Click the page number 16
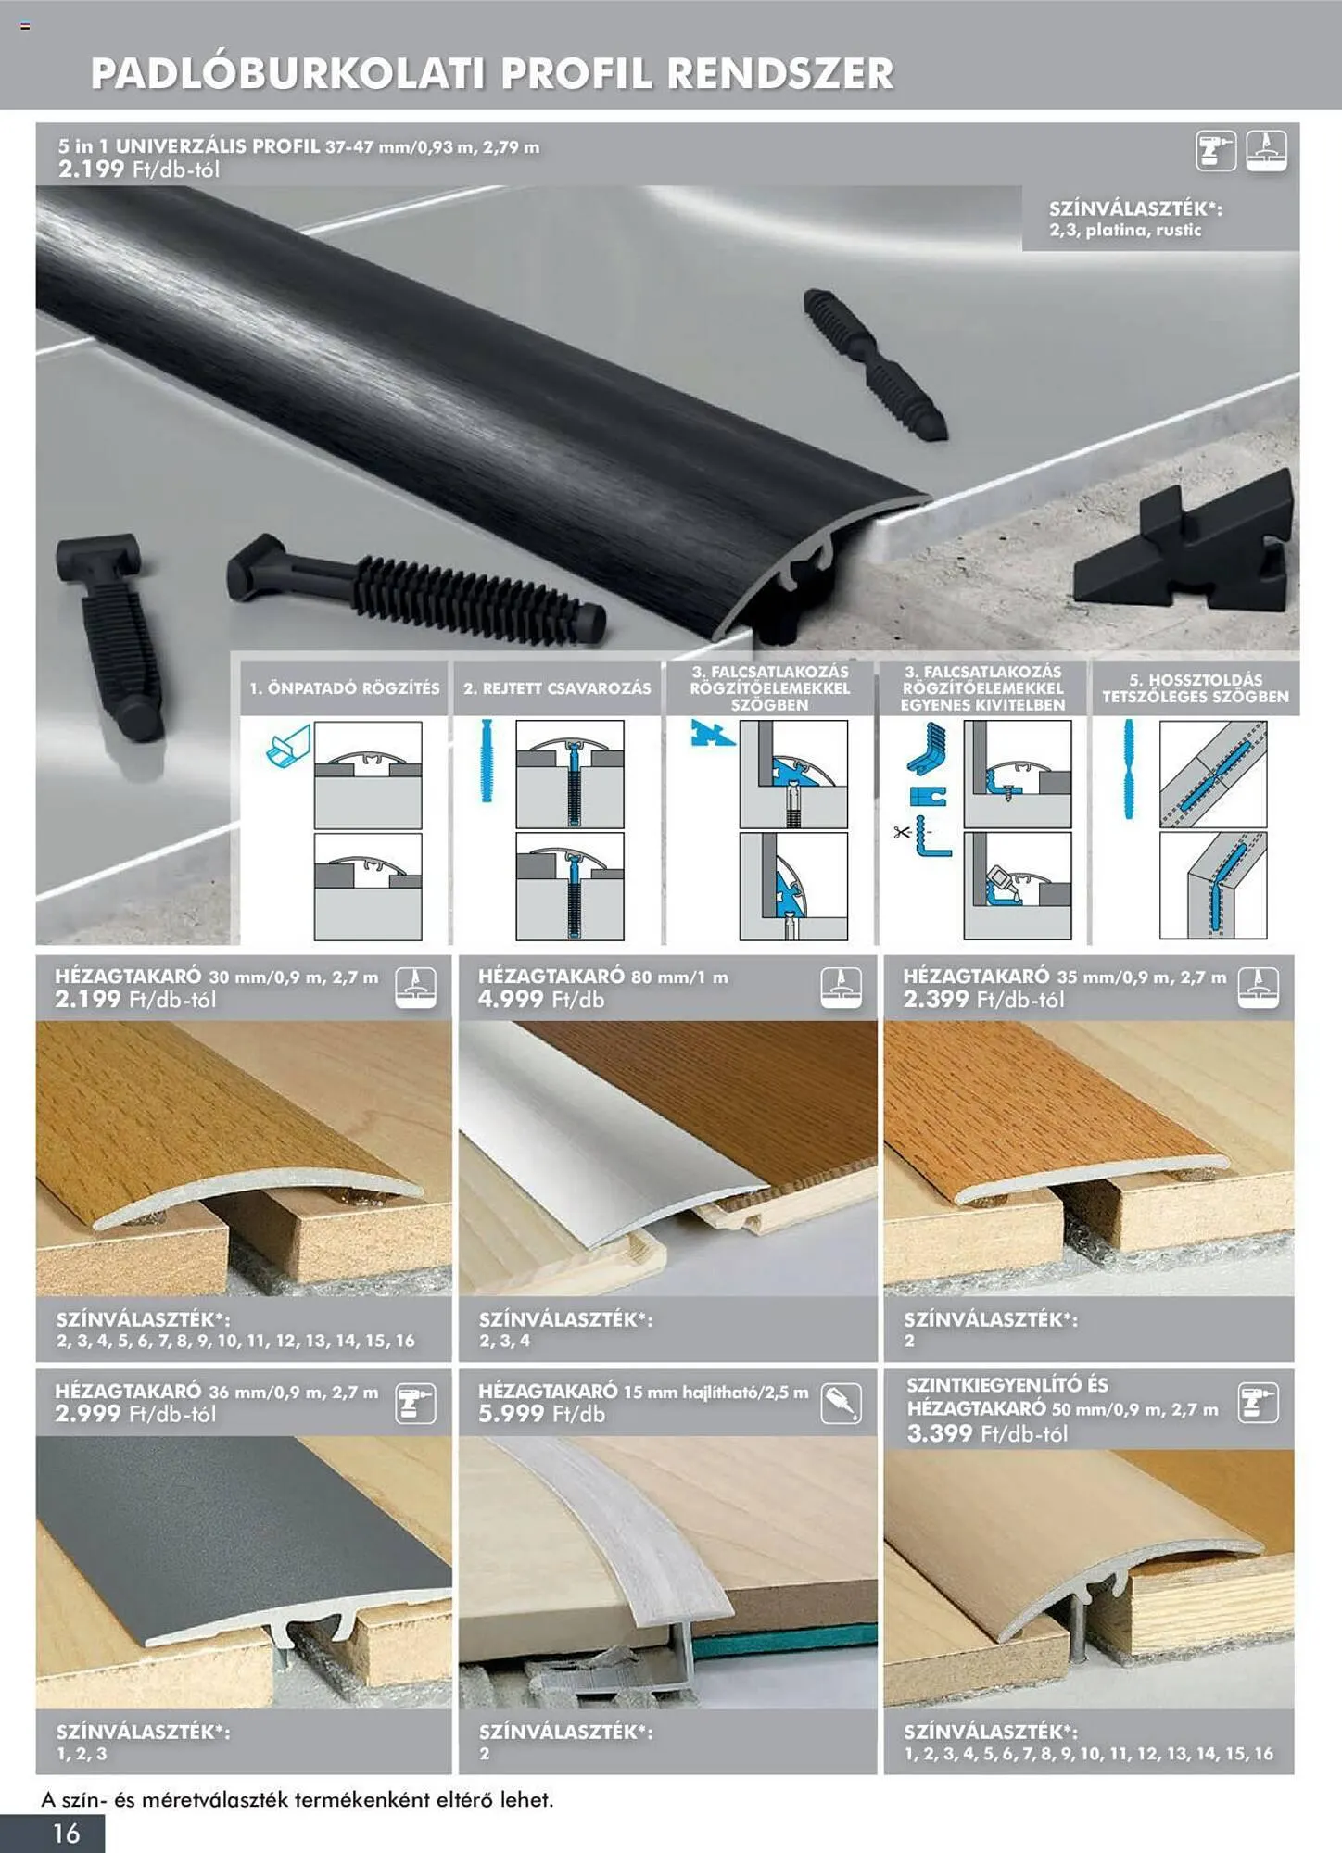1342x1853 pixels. click(67, 1833)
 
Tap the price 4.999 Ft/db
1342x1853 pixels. click(541, 1000)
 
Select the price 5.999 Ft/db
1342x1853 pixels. click(541, 1414)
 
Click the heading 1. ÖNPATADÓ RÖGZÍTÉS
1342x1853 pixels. click(345, 688)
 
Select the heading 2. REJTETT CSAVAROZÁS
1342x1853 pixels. click(557, 688)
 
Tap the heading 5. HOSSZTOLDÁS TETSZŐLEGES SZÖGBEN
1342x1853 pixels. click(1196, 688)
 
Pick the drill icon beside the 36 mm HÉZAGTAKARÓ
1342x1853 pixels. click(415, 1404)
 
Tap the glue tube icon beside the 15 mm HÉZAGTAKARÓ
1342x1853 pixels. click(841, 1404)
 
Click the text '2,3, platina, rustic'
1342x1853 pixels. click(1125, 230)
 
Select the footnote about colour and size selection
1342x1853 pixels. click(297, 1799)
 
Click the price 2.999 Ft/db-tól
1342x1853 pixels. click(135, 1414)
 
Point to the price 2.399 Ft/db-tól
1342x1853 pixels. click(984, 1000)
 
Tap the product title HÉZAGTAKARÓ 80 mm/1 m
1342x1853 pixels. click(603, 977)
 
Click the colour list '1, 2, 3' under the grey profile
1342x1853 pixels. click(82, 1754)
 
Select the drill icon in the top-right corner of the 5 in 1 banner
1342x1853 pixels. click(1215, 151)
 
